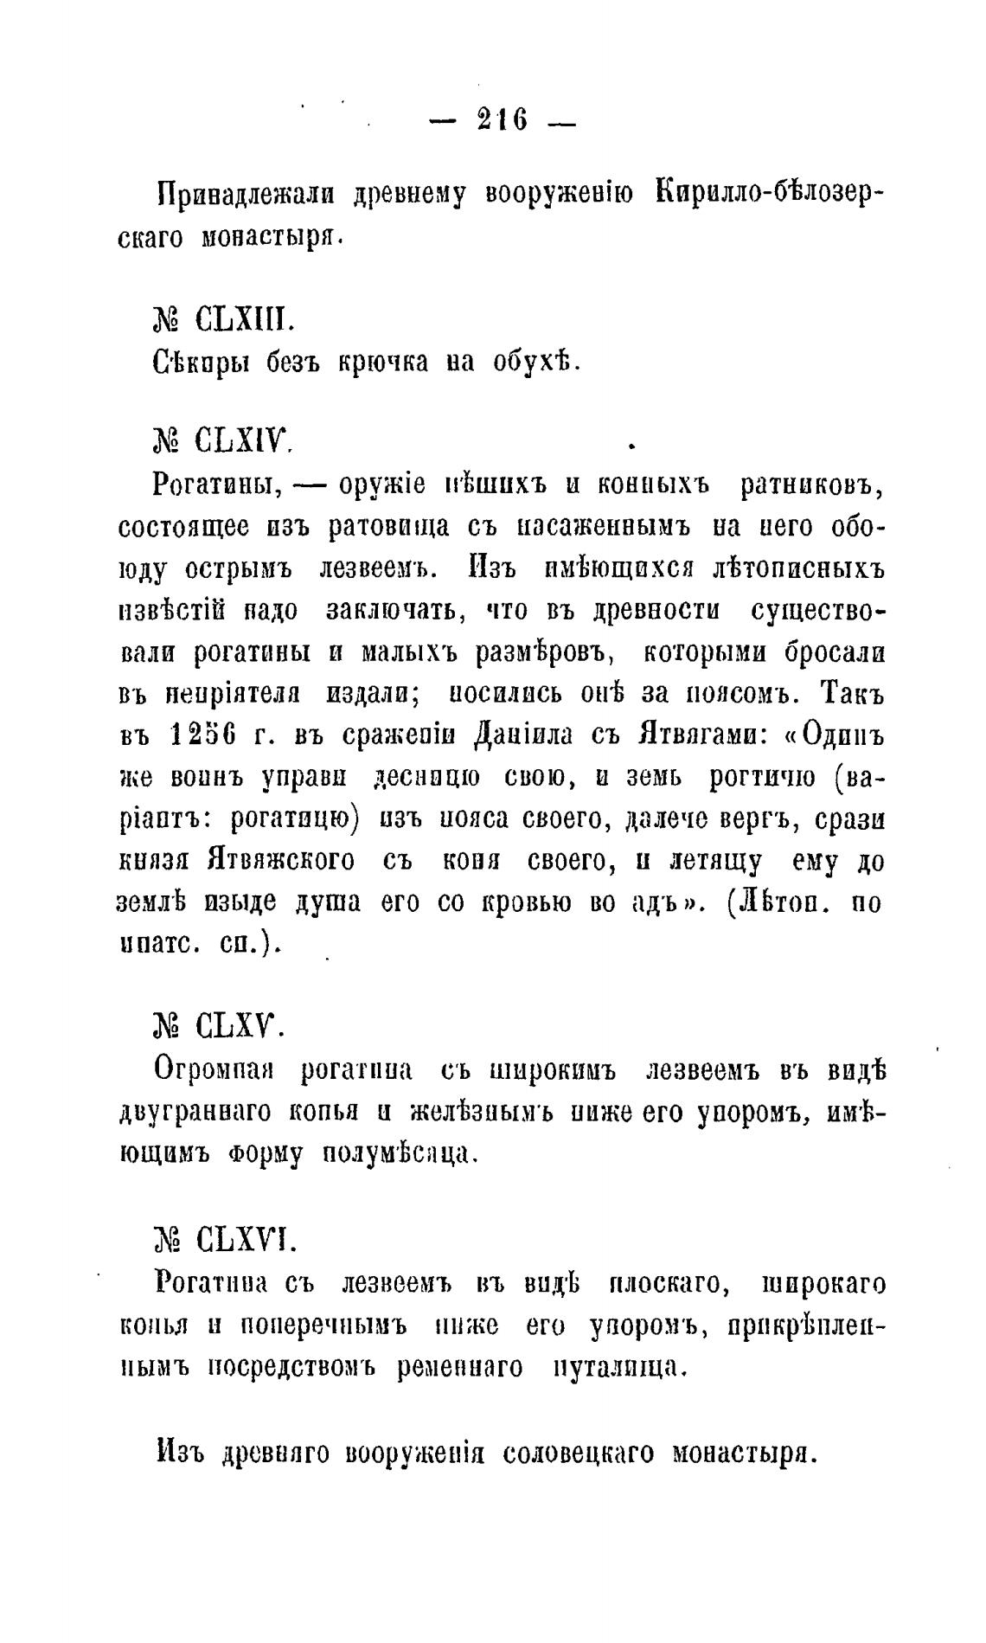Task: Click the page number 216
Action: click(x=503, y=119)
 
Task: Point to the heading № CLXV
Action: click(x=220, y=1026)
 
